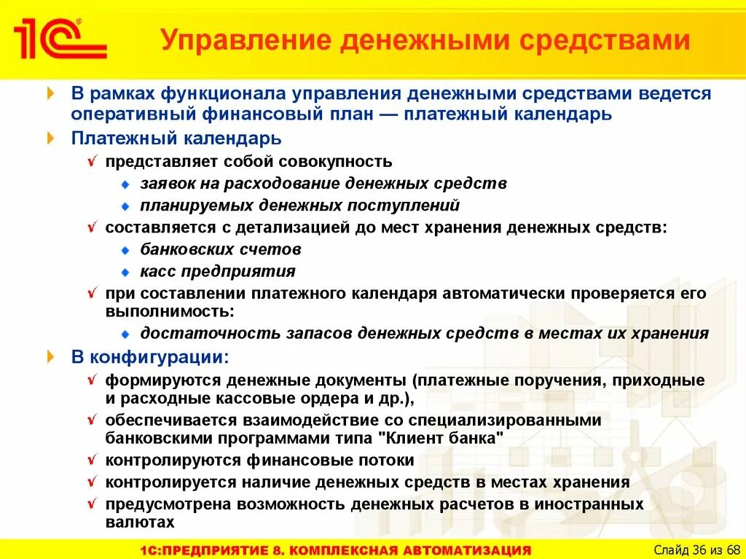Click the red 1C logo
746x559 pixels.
[60, 40]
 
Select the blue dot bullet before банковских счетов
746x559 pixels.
[125, 250]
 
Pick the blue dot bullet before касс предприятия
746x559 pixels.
[125, 272]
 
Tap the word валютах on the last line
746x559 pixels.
[140, 522]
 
